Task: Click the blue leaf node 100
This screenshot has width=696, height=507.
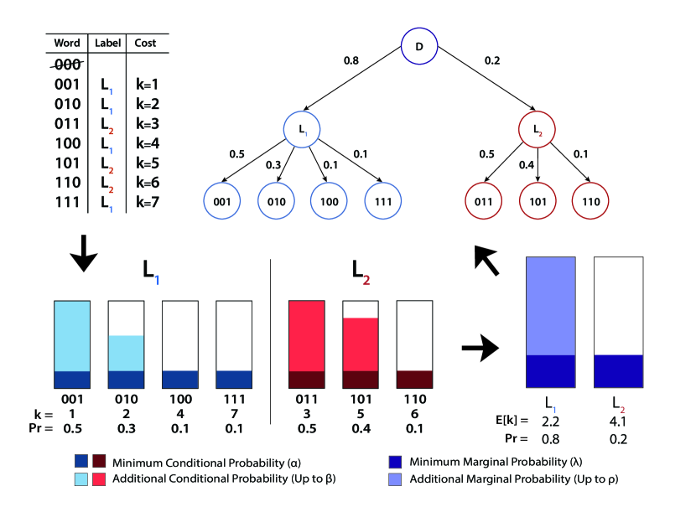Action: (x=330, y=203)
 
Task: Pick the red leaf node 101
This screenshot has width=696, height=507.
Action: (x=538, y=203)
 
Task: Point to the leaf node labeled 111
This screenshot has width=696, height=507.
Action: (x=384, y=203)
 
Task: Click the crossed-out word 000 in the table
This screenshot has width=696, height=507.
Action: (x=67, y=65)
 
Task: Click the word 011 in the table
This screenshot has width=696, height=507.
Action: (x=67, y=123)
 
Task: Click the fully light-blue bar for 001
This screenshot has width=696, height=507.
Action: (x=72, y=344)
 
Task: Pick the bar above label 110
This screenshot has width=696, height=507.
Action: (x=413, y=344)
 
